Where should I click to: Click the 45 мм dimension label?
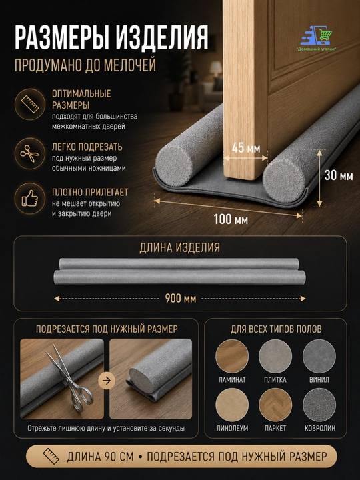pos(246,148)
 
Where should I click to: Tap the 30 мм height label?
pos(339,175)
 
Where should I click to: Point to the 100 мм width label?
pos(231,219)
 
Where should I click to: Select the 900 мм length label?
pos(180,298)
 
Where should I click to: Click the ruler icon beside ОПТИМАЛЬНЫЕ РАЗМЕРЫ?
pos(30,105)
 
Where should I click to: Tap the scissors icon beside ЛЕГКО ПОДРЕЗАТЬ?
pos(30,153)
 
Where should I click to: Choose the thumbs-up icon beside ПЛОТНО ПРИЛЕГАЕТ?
pos(30,199)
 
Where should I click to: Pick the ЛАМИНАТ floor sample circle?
pos(232,356)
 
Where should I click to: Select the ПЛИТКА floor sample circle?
pos(275,356)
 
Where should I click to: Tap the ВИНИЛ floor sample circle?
pos(319,356)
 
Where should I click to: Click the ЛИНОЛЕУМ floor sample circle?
pos(232,405)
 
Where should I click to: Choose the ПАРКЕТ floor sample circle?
pos(275,405)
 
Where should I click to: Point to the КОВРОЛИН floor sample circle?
pos(319,405)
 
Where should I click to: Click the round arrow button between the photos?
pos(107,381)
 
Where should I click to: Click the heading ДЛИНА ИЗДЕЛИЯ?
pos(180,247)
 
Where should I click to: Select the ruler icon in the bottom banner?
pos(51,457)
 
